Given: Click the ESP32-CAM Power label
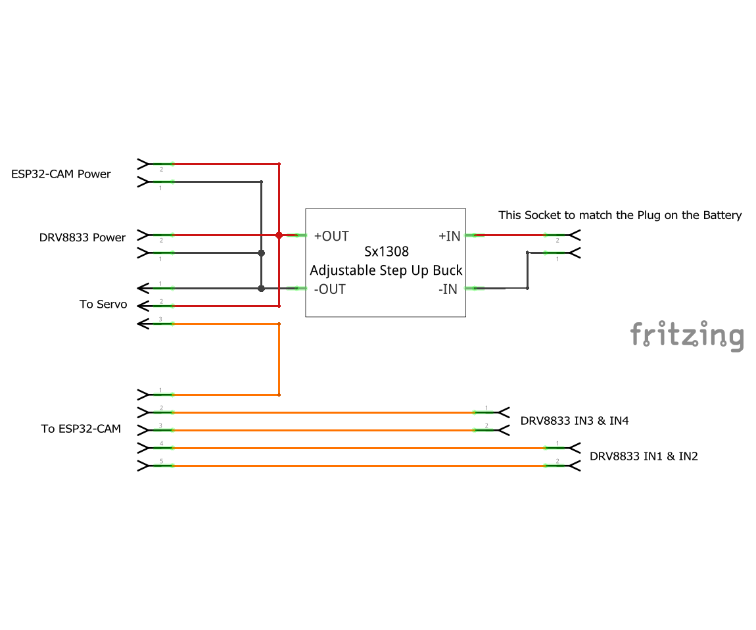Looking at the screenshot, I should click(x=60, y=174).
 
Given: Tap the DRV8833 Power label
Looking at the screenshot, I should click(x=82, y=237).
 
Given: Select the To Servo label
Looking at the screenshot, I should click(x=103, y=304).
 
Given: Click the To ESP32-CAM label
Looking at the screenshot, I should click(x=81, y=429).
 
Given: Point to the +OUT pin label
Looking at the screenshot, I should click(x=331, y=236).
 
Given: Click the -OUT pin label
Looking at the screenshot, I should click(x=329, y=289).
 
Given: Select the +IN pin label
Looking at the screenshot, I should click(x=450, y=236).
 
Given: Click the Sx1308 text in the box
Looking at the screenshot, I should click(x=386, y=252).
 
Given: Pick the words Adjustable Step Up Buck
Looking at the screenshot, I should click(x=386, y=270).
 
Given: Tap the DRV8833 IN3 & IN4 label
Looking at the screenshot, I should click(x=574, y=421).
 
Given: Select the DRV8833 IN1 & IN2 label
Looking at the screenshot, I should click(x=643, y=456).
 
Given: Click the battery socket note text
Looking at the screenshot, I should click(x=619, y=215).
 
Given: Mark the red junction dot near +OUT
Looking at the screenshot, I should click(x=279, y=235).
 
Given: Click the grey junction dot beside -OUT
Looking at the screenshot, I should click(x=261, y=288).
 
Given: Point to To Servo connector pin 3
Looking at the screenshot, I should click(x=155, y=324).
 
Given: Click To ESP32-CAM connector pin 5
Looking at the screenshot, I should click(x=155, y=466).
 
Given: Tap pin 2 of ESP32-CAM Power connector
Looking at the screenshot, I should click(x=155, y=163).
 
